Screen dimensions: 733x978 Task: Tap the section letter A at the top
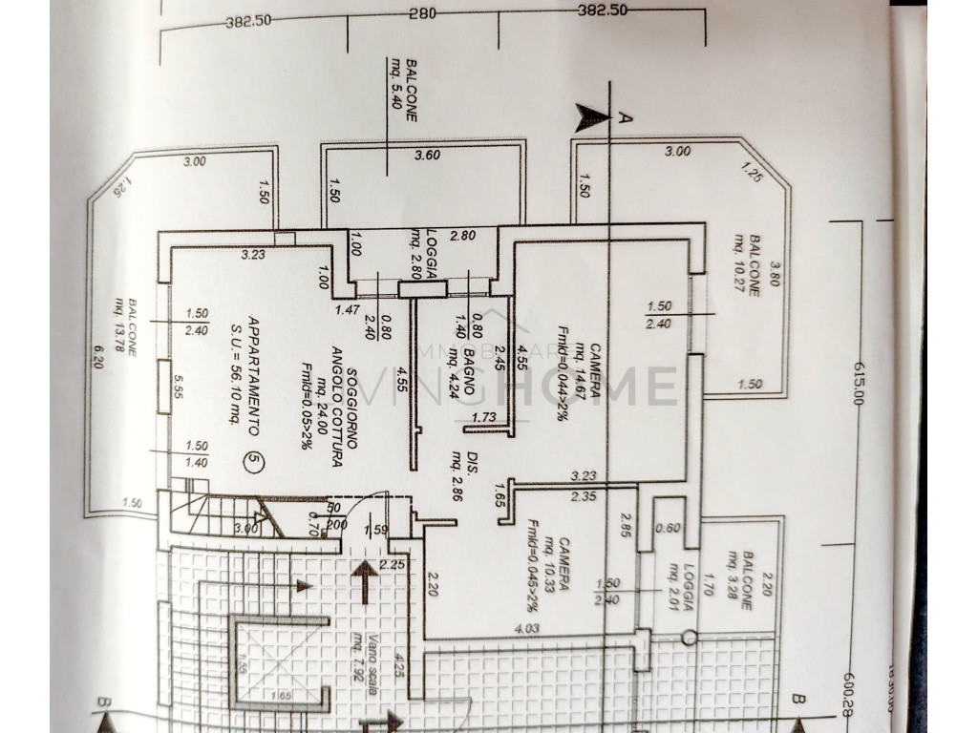click(627, 118)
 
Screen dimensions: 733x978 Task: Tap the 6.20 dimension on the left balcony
click(98, 361)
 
